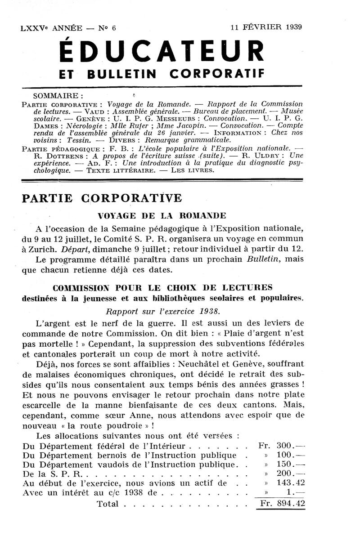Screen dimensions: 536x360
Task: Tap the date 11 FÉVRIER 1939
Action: point(266,27)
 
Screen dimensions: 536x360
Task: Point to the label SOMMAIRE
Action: point(58,96)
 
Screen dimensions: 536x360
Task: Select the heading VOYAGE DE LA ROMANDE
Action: point(162,215)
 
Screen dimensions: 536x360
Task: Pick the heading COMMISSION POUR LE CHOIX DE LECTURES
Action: point(162,287)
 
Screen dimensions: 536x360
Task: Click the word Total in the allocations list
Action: point(108,504)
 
